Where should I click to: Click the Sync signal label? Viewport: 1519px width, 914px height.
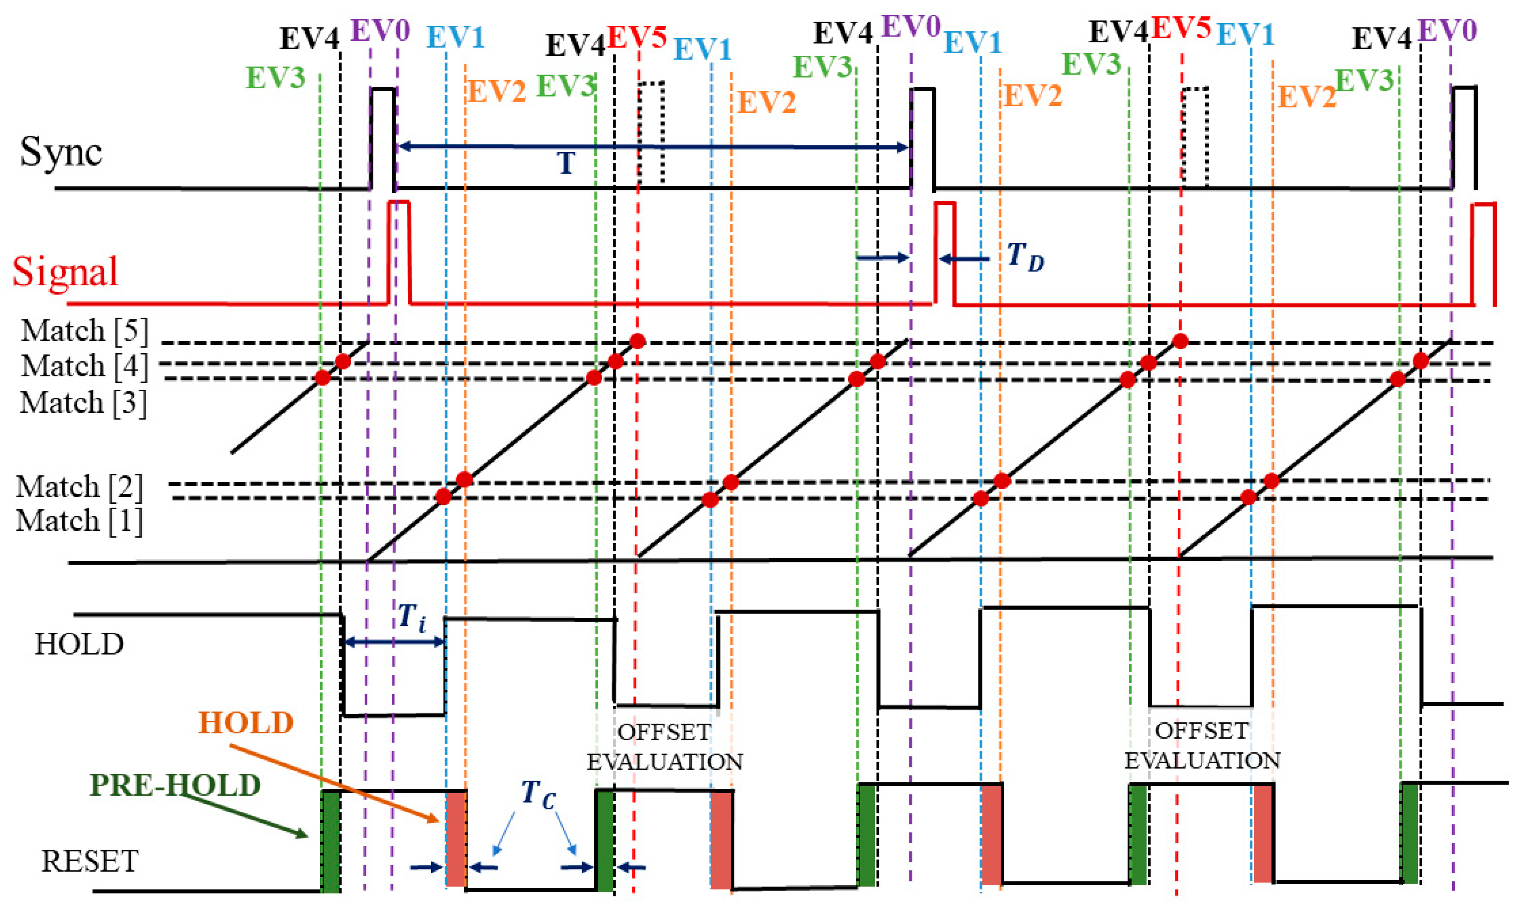point(60,151)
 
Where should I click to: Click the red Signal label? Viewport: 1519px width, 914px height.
point(65,272)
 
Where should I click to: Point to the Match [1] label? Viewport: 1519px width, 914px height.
point(79,520)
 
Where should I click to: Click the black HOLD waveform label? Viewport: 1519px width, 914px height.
point(79,644)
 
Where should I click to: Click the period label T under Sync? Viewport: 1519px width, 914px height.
point(566,163)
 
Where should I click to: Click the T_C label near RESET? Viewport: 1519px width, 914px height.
point(537,794)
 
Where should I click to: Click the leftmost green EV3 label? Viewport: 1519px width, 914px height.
point(275,78)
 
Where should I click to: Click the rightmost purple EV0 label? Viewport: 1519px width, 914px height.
point(1447,30)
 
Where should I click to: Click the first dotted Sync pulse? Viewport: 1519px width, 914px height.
point(651,132)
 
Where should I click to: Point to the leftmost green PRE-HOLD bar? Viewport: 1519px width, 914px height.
point(330,841)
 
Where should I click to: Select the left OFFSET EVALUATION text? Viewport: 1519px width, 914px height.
point(664,746)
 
